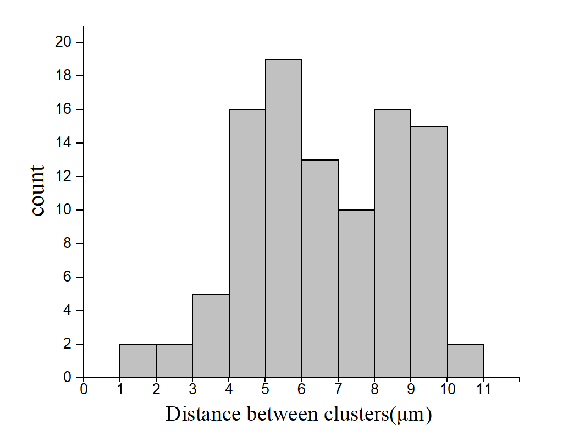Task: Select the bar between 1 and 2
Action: coord(138,361)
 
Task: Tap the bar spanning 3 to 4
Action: coord(211,336)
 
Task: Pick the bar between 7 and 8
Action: coord(356,294)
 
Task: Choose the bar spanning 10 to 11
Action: coord(466,361)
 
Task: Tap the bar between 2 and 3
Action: coord(174,361)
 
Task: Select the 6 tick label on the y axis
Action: coord(67,277)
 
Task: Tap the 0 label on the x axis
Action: coord(84,389)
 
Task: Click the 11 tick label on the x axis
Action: coord(484,389)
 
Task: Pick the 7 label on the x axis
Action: coord(338,389)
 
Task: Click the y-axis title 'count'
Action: coord(38,191)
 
